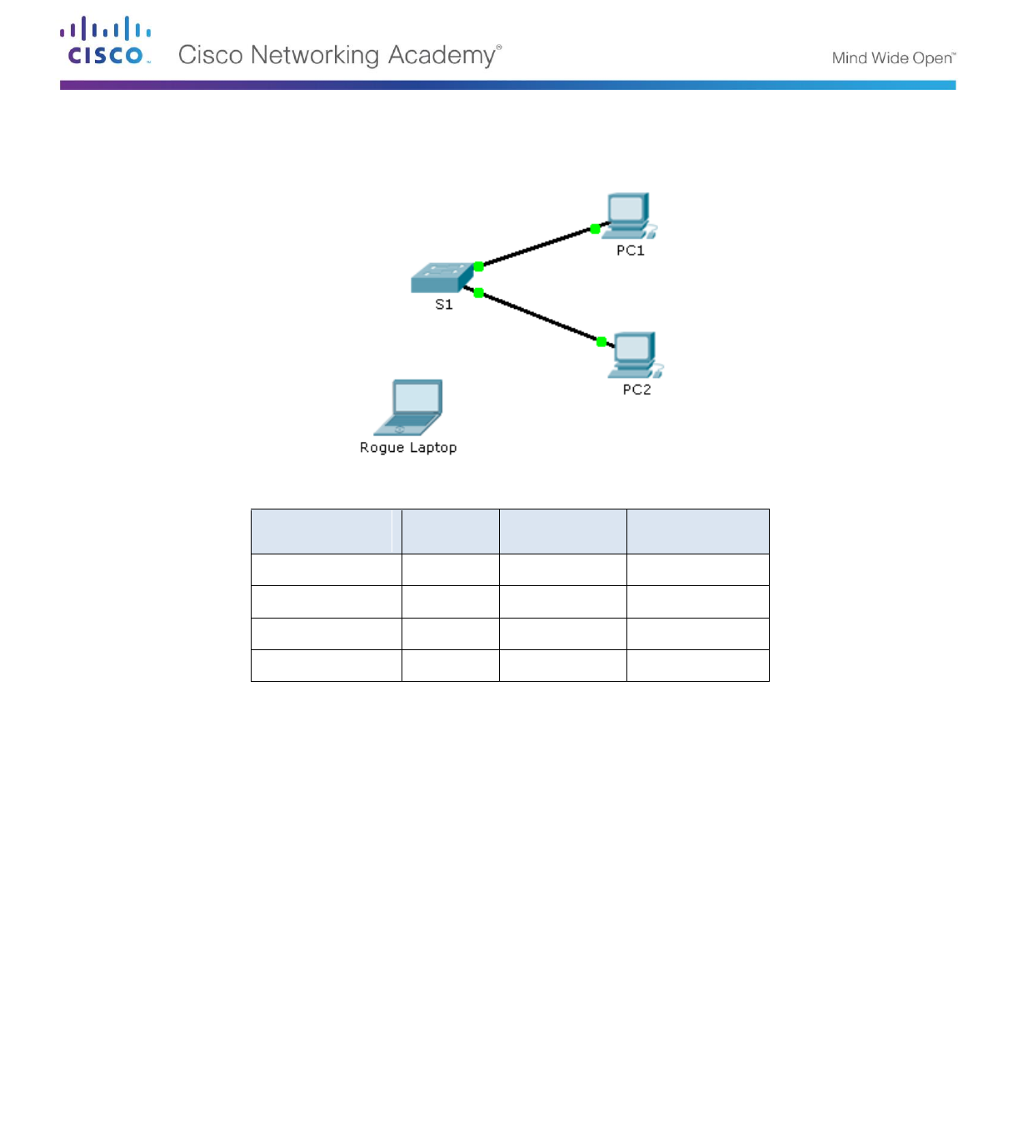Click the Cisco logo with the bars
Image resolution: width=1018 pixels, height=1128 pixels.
pyautogui.click(x=105, y=40)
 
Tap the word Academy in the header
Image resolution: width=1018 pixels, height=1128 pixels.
pyautogui.click(x=442, y=55)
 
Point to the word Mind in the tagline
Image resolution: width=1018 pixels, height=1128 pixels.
pyautogui.click(x=849, y=58)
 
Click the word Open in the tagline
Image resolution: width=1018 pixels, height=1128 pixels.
pyautogui.click(x=932, y=58)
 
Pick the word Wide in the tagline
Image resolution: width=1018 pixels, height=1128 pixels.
pyautogui.click(x=890, y=58)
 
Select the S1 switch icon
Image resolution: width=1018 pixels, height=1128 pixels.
pyautogui.click(x=442, y=278)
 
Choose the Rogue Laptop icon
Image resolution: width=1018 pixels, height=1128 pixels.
pyautogui.click(x=409, y=408)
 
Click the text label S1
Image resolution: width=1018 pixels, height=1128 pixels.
pyautogui.click(x=444, y=305)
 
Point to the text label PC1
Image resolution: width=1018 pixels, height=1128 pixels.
pyautogui.click(x=631, y=251)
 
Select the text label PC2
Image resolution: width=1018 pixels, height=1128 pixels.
pyautogui.click(x=637, y=390)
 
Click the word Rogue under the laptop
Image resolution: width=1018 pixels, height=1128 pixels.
pyautogui.click(x=382, y=448)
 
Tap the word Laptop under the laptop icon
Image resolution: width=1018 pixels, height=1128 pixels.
pyautogui.click(x=432, y=448)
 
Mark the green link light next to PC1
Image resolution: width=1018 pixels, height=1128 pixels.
pyautogui.click(x=595, y=229)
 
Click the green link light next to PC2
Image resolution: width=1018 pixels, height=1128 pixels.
pyautogui.click(x=601, y=341)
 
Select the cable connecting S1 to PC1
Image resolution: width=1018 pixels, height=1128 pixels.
pyautogui.click(x=537, y=247)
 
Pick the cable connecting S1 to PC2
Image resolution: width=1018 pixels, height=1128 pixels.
pyautogui.click(x=540, y=316)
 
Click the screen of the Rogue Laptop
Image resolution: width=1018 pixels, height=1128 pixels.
pyautogui.click(x=417, y=397)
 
